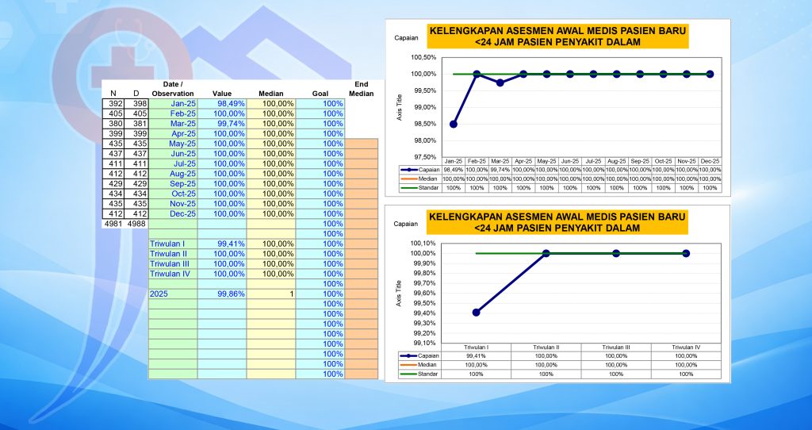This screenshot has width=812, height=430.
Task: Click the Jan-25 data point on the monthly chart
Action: coord(453,124)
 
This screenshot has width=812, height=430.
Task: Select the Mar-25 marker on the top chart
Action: coord(500,83)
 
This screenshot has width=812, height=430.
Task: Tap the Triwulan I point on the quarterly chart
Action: coord(476,313)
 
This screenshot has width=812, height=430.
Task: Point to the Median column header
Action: coord(270,94)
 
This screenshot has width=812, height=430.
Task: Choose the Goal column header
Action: coord(320,94)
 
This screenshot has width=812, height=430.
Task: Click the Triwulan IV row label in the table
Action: coord(170,274)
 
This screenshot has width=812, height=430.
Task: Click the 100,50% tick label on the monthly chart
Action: coord(423,57)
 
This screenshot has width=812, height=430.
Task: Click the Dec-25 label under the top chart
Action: coord(710,161)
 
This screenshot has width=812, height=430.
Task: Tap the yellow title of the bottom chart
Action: coord(557,222)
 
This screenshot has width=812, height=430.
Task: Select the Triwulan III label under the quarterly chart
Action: coord(616,347)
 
